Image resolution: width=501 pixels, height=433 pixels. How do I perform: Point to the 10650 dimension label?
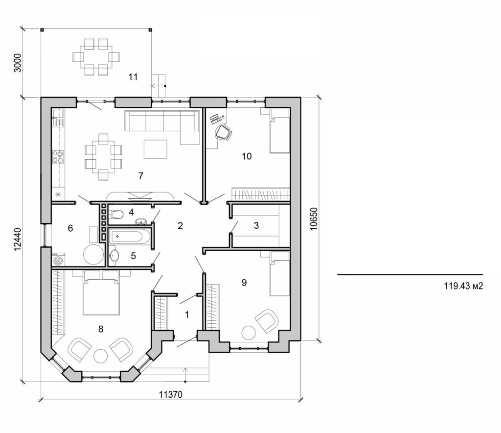[x=314, y=217]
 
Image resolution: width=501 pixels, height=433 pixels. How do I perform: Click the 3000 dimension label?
[x=18, y=63]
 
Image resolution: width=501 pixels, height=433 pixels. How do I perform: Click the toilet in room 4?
[x=116, y=214]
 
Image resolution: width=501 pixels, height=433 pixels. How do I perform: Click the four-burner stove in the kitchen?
[x=58, y=157]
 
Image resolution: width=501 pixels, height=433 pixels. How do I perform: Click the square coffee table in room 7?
[x=155, y=149]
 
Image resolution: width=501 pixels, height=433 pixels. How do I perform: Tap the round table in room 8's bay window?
[x=101, y=356]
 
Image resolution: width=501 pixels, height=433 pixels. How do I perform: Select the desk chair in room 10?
[x=223, y=131]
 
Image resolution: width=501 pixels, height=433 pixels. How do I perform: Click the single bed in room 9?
[x=279, y=274]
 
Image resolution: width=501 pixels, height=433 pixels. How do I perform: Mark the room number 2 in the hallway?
[x=180, y=226]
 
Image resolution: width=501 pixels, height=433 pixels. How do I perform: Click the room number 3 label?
[x=256, y=226]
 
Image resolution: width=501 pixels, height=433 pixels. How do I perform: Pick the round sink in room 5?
[x=114, y=255]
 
